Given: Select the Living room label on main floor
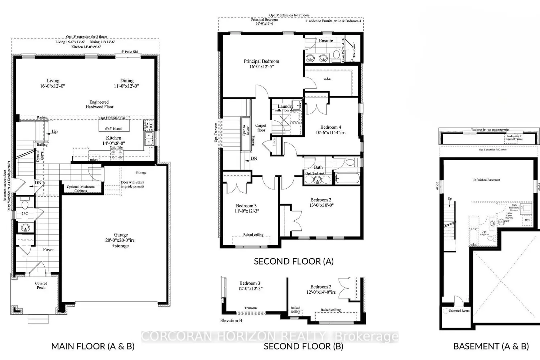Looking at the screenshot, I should click(x=53, y=84).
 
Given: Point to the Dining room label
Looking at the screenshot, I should click(x=127, y=84).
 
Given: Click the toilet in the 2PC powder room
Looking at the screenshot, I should click(x=24, y=205).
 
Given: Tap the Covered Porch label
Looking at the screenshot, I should click(x=41, y=285).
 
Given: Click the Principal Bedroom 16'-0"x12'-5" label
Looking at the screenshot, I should click(x=261, y=64).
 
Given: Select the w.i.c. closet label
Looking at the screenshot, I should click(x=327, y=78).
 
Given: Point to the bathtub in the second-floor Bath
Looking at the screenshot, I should click(x=347, y=178).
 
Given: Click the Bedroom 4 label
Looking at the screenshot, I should click(x=330, y=130).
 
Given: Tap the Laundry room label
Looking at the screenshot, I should click(x=285, y=107).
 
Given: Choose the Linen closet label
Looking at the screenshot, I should click(x=274, y=143).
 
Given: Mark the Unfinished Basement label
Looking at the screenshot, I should click(x=486, y=180).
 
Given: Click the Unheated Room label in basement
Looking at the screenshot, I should click(x=459, y=310).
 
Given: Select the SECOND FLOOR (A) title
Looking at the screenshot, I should click(x=293, y=261).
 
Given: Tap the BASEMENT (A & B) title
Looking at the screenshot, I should click(x=491, y=346).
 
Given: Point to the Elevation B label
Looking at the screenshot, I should click(x=231, y=320).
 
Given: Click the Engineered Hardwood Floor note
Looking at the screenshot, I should click(x=99, y=104).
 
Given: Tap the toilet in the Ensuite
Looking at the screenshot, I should click(x=336, y=55).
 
